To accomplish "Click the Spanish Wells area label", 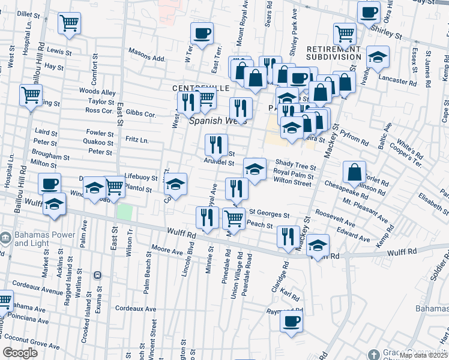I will pos(218,120).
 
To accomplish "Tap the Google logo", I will pos(20,353).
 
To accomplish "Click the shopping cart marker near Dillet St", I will pos(70,23).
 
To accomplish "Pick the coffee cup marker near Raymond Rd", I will pos(292,320).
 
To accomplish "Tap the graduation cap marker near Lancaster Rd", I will pos(377,57).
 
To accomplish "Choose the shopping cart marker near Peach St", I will pos(234,218).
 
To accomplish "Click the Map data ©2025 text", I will pos(423,355).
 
